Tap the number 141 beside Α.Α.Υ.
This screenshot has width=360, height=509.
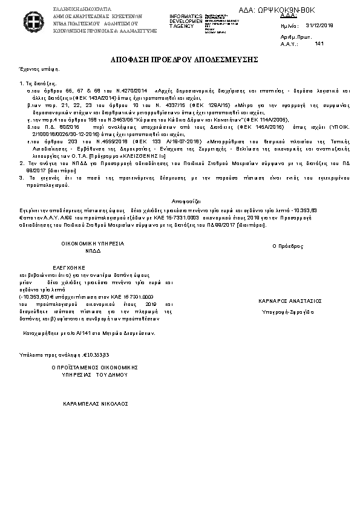click(319, 44)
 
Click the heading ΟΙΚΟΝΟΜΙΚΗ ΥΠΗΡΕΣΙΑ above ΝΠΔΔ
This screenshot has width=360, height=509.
click(93, 243)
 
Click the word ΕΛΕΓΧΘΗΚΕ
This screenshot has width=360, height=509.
click(71, 267)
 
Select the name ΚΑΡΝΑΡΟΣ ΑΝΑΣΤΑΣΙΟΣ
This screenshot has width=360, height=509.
click(289, 300)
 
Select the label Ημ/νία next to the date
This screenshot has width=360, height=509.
click(290, 27)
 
